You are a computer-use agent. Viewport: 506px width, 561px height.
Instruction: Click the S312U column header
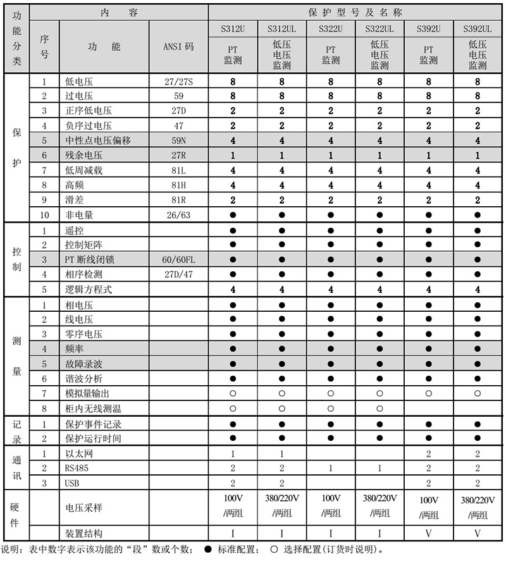(x=233, y=29)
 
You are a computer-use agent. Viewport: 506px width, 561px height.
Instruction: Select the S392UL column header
(x=478, y=29)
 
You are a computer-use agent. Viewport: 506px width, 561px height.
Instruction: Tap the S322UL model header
(x=379, y=29)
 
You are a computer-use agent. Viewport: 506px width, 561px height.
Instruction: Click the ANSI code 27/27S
(x=178, y=82)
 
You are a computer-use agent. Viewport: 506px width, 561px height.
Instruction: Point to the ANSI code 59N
(x=178, y=140)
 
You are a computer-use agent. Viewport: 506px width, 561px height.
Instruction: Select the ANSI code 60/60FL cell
(x=178, y=260)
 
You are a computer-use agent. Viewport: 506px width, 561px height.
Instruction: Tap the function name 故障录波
(x=83, y=364)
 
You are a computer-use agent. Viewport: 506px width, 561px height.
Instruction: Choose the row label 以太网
(x=79, y=453)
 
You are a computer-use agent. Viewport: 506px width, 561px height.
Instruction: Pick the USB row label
(x=73, y=483)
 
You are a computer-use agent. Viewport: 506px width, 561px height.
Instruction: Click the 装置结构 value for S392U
(x=428, y=533)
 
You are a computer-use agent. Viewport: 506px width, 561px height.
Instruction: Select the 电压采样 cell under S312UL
(x=281, y=505)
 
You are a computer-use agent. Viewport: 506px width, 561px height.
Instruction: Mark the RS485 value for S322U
(x=331, y=468)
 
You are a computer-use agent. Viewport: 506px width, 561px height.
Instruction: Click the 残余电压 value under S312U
(x=233, y=155)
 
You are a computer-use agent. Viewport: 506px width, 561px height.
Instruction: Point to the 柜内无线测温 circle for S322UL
(x=379, y=409)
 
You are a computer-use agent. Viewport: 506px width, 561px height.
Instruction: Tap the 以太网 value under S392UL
(x=478, y=453)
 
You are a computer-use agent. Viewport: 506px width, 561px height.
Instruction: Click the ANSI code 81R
(x=178, y=200)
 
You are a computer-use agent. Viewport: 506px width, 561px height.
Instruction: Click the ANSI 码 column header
(x=178, y=47)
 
